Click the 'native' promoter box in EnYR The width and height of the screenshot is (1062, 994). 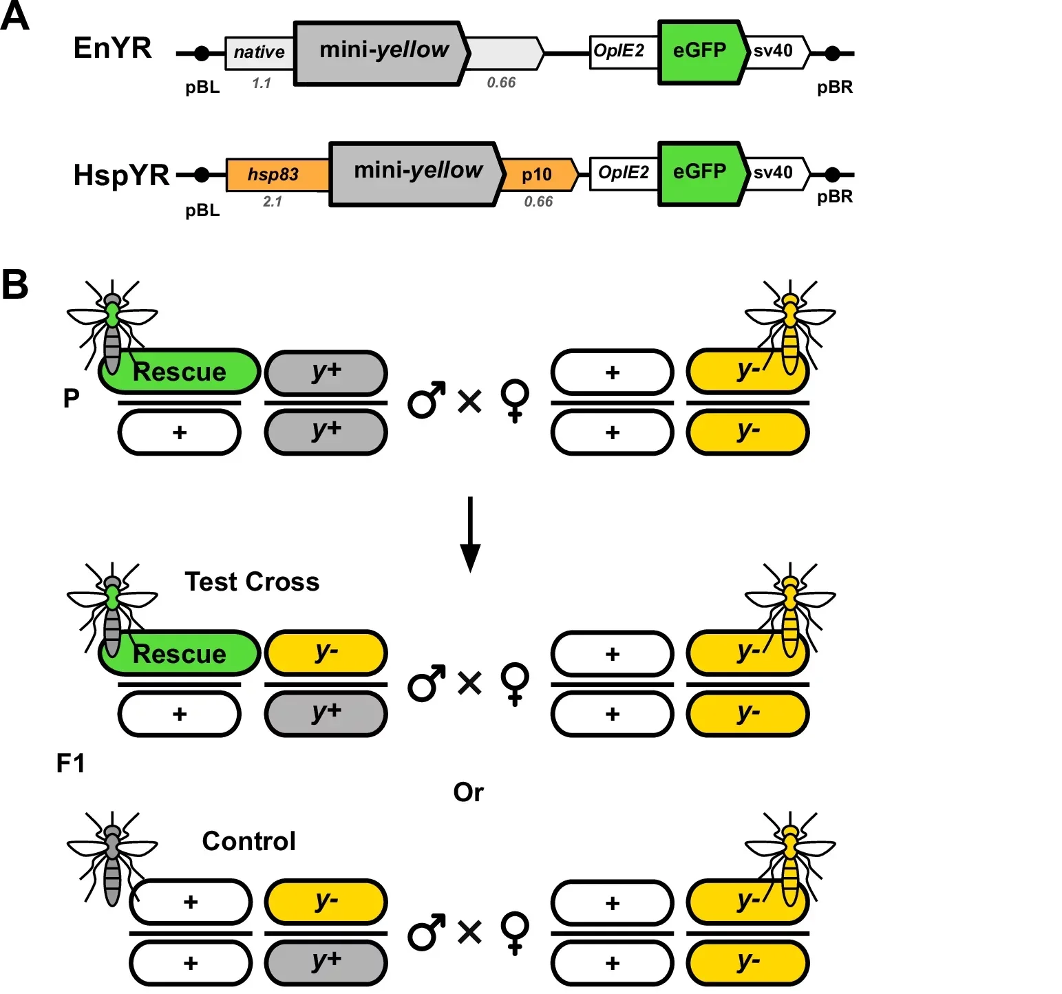tap(259, 53)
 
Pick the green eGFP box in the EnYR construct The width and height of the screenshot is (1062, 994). tap(701, 52)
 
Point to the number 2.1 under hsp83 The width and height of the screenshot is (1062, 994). tap(273, 202)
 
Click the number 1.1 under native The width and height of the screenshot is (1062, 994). tap(262, 83)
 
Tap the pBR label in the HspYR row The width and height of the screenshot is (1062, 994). tap(835, 198)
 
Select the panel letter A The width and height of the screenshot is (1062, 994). tap(15, 17)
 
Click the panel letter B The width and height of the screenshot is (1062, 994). tap(15, 284)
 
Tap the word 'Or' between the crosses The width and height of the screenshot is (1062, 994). tap(469, 792)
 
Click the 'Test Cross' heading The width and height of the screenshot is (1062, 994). tap(252, 582)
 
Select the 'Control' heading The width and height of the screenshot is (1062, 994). tap(249, 841)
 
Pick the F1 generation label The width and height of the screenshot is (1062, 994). tap(71, 763)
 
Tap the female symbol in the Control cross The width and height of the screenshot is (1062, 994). tap(515, 933)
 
